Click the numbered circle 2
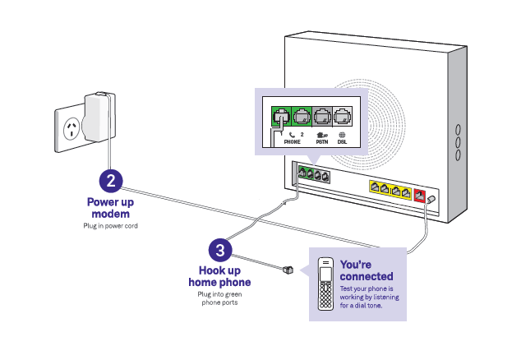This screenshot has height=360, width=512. [x=111, y=180]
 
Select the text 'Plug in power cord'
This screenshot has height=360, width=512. [x=110, y=224]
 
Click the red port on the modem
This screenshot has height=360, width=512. [x=419, y=196]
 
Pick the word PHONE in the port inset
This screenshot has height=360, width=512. [x=293, y=142]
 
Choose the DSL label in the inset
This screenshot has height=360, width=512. [x=342, y=142]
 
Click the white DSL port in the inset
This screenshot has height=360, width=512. [x=342, y=117]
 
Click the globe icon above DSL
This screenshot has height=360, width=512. [x=342, y=134]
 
